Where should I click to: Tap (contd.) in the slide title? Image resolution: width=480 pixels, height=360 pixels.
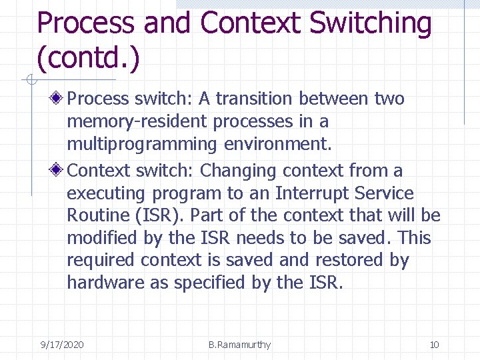(89, 58)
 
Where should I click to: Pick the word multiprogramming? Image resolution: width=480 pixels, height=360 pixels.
(142, 144)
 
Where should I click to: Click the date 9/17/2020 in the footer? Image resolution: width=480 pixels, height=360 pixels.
(62, 345)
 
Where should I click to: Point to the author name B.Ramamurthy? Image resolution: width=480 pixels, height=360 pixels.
(239, 345)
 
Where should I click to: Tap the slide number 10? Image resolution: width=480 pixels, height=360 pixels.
(434, 345)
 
